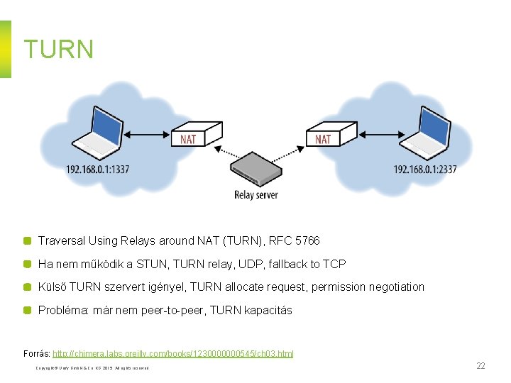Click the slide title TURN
pos(59,49)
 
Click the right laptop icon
pos(424,133)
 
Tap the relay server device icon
pos(256,169)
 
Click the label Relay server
pos(256,194)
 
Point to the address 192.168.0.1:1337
pos(98,169)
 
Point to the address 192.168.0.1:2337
pos(425,169)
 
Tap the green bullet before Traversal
pos(27,241)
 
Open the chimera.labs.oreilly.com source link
pos(173,353)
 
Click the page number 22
pos(480,366)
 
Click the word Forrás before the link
pos(35,353)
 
